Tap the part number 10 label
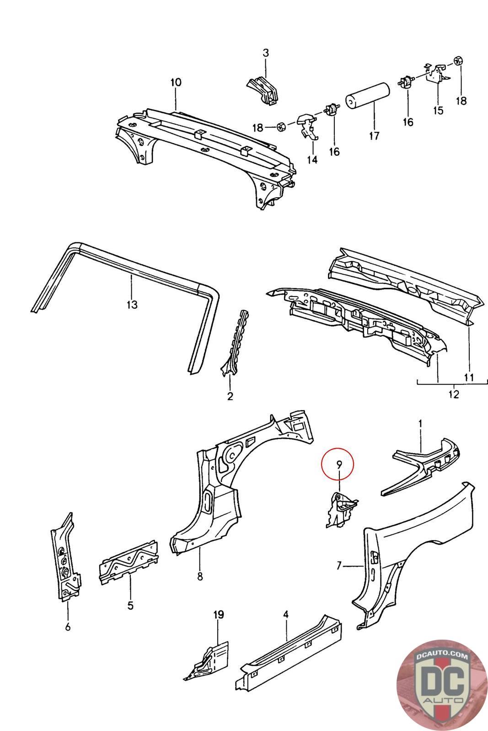[x=176, y=82]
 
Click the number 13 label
[x=132, y=304]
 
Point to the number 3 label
[x=266, y=53]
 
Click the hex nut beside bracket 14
[x=282, y=126]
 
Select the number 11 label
[x=469, y=377]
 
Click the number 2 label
[x=230, y=396]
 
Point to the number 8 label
[x=200, y=577]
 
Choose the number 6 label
[x=68, y=627]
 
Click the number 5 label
[x=130, y=606]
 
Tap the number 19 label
[x=219, y=615]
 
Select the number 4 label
[x=286, y=614]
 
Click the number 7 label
[x=339, y=567]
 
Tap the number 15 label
[x=438, y=110]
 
